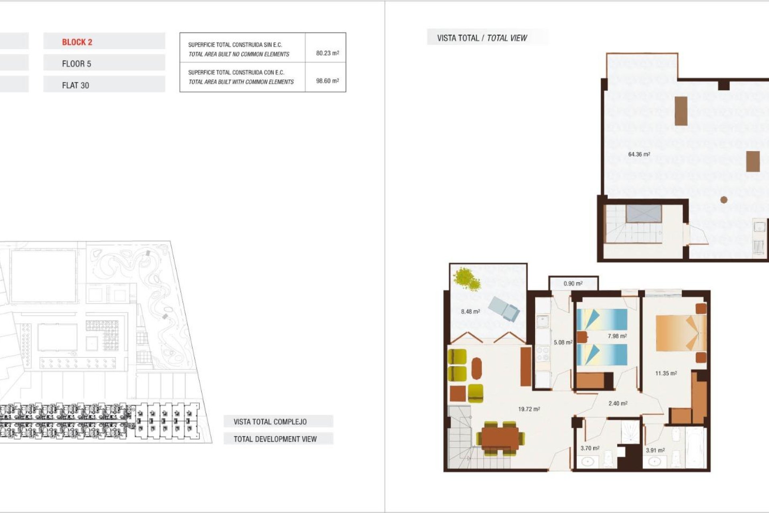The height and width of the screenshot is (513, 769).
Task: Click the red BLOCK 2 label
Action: pyautogui.click(x=77, y=42)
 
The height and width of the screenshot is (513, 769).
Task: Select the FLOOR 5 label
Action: pyautogui.click(x=76, y=64)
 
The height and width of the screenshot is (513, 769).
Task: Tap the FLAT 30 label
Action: pyautogui.click(x=75, y=85)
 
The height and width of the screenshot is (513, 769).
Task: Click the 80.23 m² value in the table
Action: pyautogui.click(x=327, y=53)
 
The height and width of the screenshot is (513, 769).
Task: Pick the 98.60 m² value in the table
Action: pyautogui.click(x=327, y=81)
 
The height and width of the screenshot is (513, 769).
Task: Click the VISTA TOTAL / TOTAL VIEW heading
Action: pyautogui.click(x=482, y=38)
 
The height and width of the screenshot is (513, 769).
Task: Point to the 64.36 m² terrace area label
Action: pyautogui.click(x=639, y=154)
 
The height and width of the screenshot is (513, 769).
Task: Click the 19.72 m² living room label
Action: pyautogui.click(x=529, y=409)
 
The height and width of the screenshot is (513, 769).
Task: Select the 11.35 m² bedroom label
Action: pyautogui.click(x=666, y=373)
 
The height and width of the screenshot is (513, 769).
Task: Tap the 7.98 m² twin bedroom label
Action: pyautogui.click(x=617, y=336)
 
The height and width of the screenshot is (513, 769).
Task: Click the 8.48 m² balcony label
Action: pyautogui.click(x=470, y=311)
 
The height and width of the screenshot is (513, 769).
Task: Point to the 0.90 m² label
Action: pyautogui.click(x=573, y=283)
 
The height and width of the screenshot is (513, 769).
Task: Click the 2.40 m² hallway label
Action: pyautogui.click(x=618, y=403)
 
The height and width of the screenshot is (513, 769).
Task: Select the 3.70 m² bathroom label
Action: pyautogui.click(x=590, y=448)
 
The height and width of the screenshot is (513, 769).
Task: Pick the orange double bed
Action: pyautogui.click(x=680, y=332)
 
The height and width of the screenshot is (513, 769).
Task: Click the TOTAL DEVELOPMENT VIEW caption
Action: pyautogui.click(x=275, y=439)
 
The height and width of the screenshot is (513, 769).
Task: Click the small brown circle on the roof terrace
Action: pyautogui.click(x=724, y=200)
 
